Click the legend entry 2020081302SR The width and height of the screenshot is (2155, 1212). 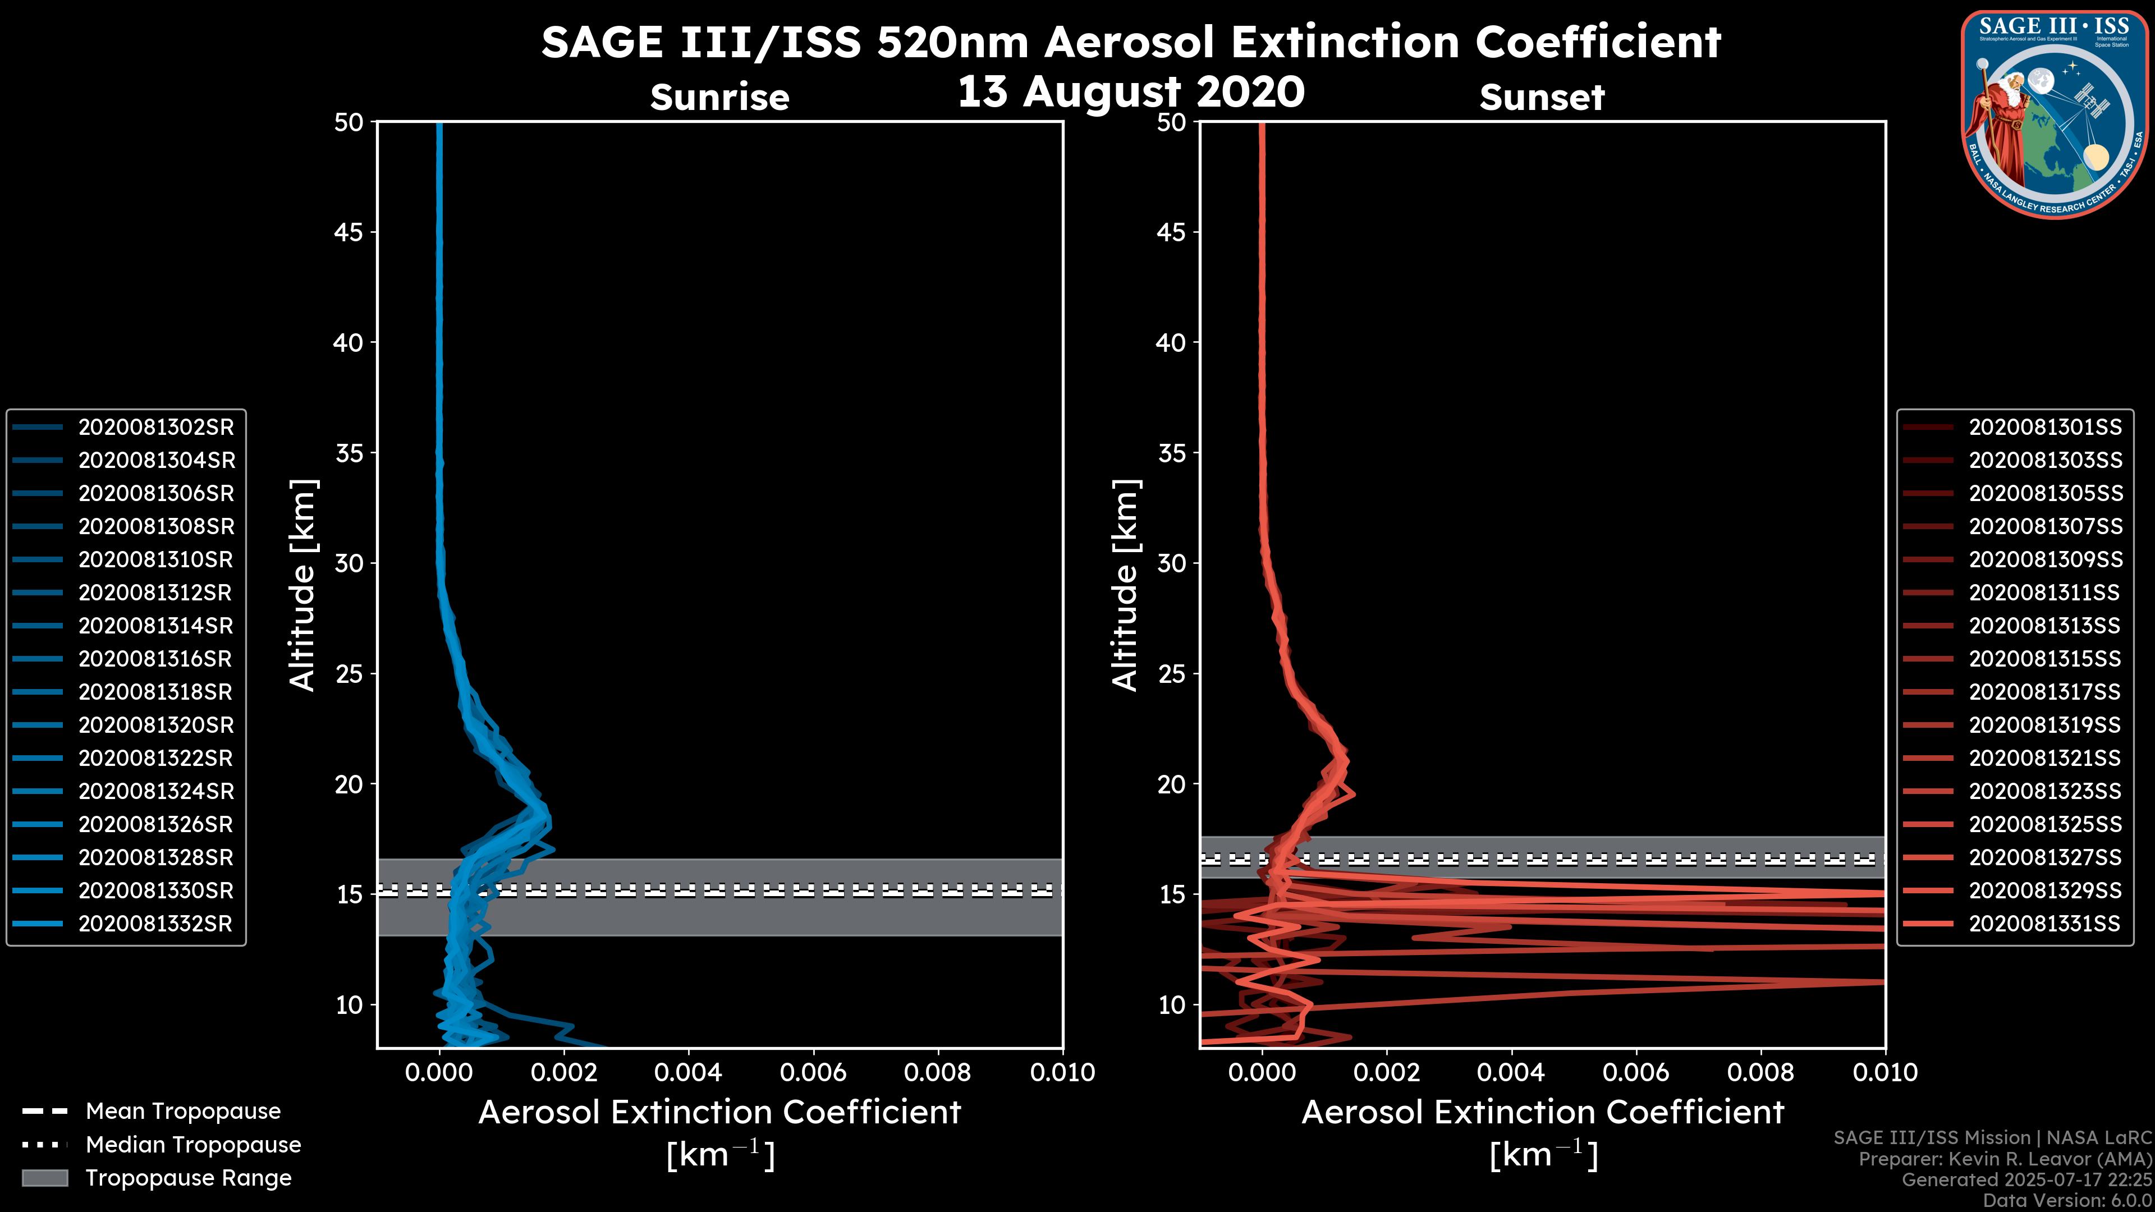pyautogui.click(x=155, y=428)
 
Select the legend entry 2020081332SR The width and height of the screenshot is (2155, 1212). pyautogui.click(x=155, y=924)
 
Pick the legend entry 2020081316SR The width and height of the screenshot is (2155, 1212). pyautogui.click(x=155, y=659)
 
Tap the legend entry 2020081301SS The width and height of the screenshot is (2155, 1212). pyautogui.click(x=2044, y=428)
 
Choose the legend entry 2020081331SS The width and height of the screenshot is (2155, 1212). pyautogui.click(x=2044, y=924)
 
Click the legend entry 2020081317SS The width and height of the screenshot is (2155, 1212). pyautogui.click(x=2044, y=692)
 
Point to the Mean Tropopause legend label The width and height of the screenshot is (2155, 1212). pyautogui.click(x=183, y=1111)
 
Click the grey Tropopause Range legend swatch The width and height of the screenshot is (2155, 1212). pyautogui.click(x=45, y=1178)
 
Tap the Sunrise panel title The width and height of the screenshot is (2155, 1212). pyautogui.click(x=719, y=98)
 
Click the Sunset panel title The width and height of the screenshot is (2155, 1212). pyautogui.click(x=1542, y=98)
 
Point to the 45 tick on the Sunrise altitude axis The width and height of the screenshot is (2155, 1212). pyautogui.click(x=349, y=232)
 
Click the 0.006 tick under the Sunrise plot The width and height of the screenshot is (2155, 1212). pyautogui.click(x=813, y=1072)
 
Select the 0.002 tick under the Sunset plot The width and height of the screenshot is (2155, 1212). pyautogui.click(x=1386, y=1072)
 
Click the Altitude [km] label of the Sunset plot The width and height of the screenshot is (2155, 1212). pyautogui.click(x=1125, y=585)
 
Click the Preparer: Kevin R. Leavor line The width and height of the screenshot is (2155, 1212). pyautogui.click(x=2005, y=1159)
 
